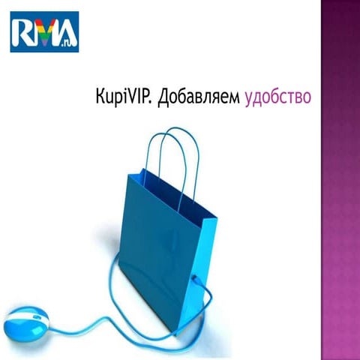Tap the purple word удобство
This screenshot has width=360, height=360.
277,98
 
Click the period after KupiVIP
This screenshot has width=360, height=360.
153,103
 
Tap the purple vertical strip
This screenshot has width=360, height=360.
340,180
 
